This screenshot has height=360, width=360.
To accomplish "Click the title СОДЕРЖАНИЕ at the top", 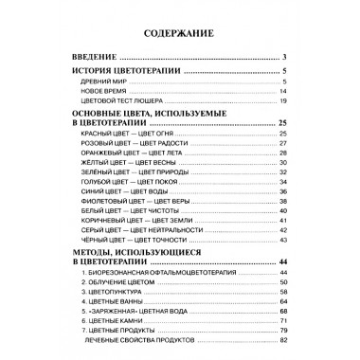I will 179,35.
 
